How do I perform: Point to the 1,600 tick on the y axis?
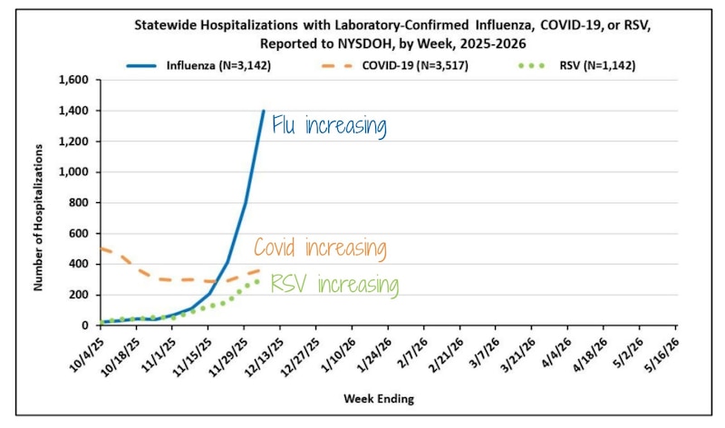(x=75, y=80)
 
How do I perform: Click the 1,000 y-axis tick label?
(x=75, y=172)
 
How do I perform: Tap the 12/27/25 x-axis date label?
(x=301, y=350)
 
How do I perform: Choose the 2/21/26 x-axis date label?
(x=445, y=350)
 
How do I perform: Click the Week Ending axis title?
(x=380, y=398)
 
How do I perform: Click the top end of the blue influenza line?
(x=263, y=112)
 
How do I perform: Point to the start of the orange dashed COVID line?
(x=101, y=248)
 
